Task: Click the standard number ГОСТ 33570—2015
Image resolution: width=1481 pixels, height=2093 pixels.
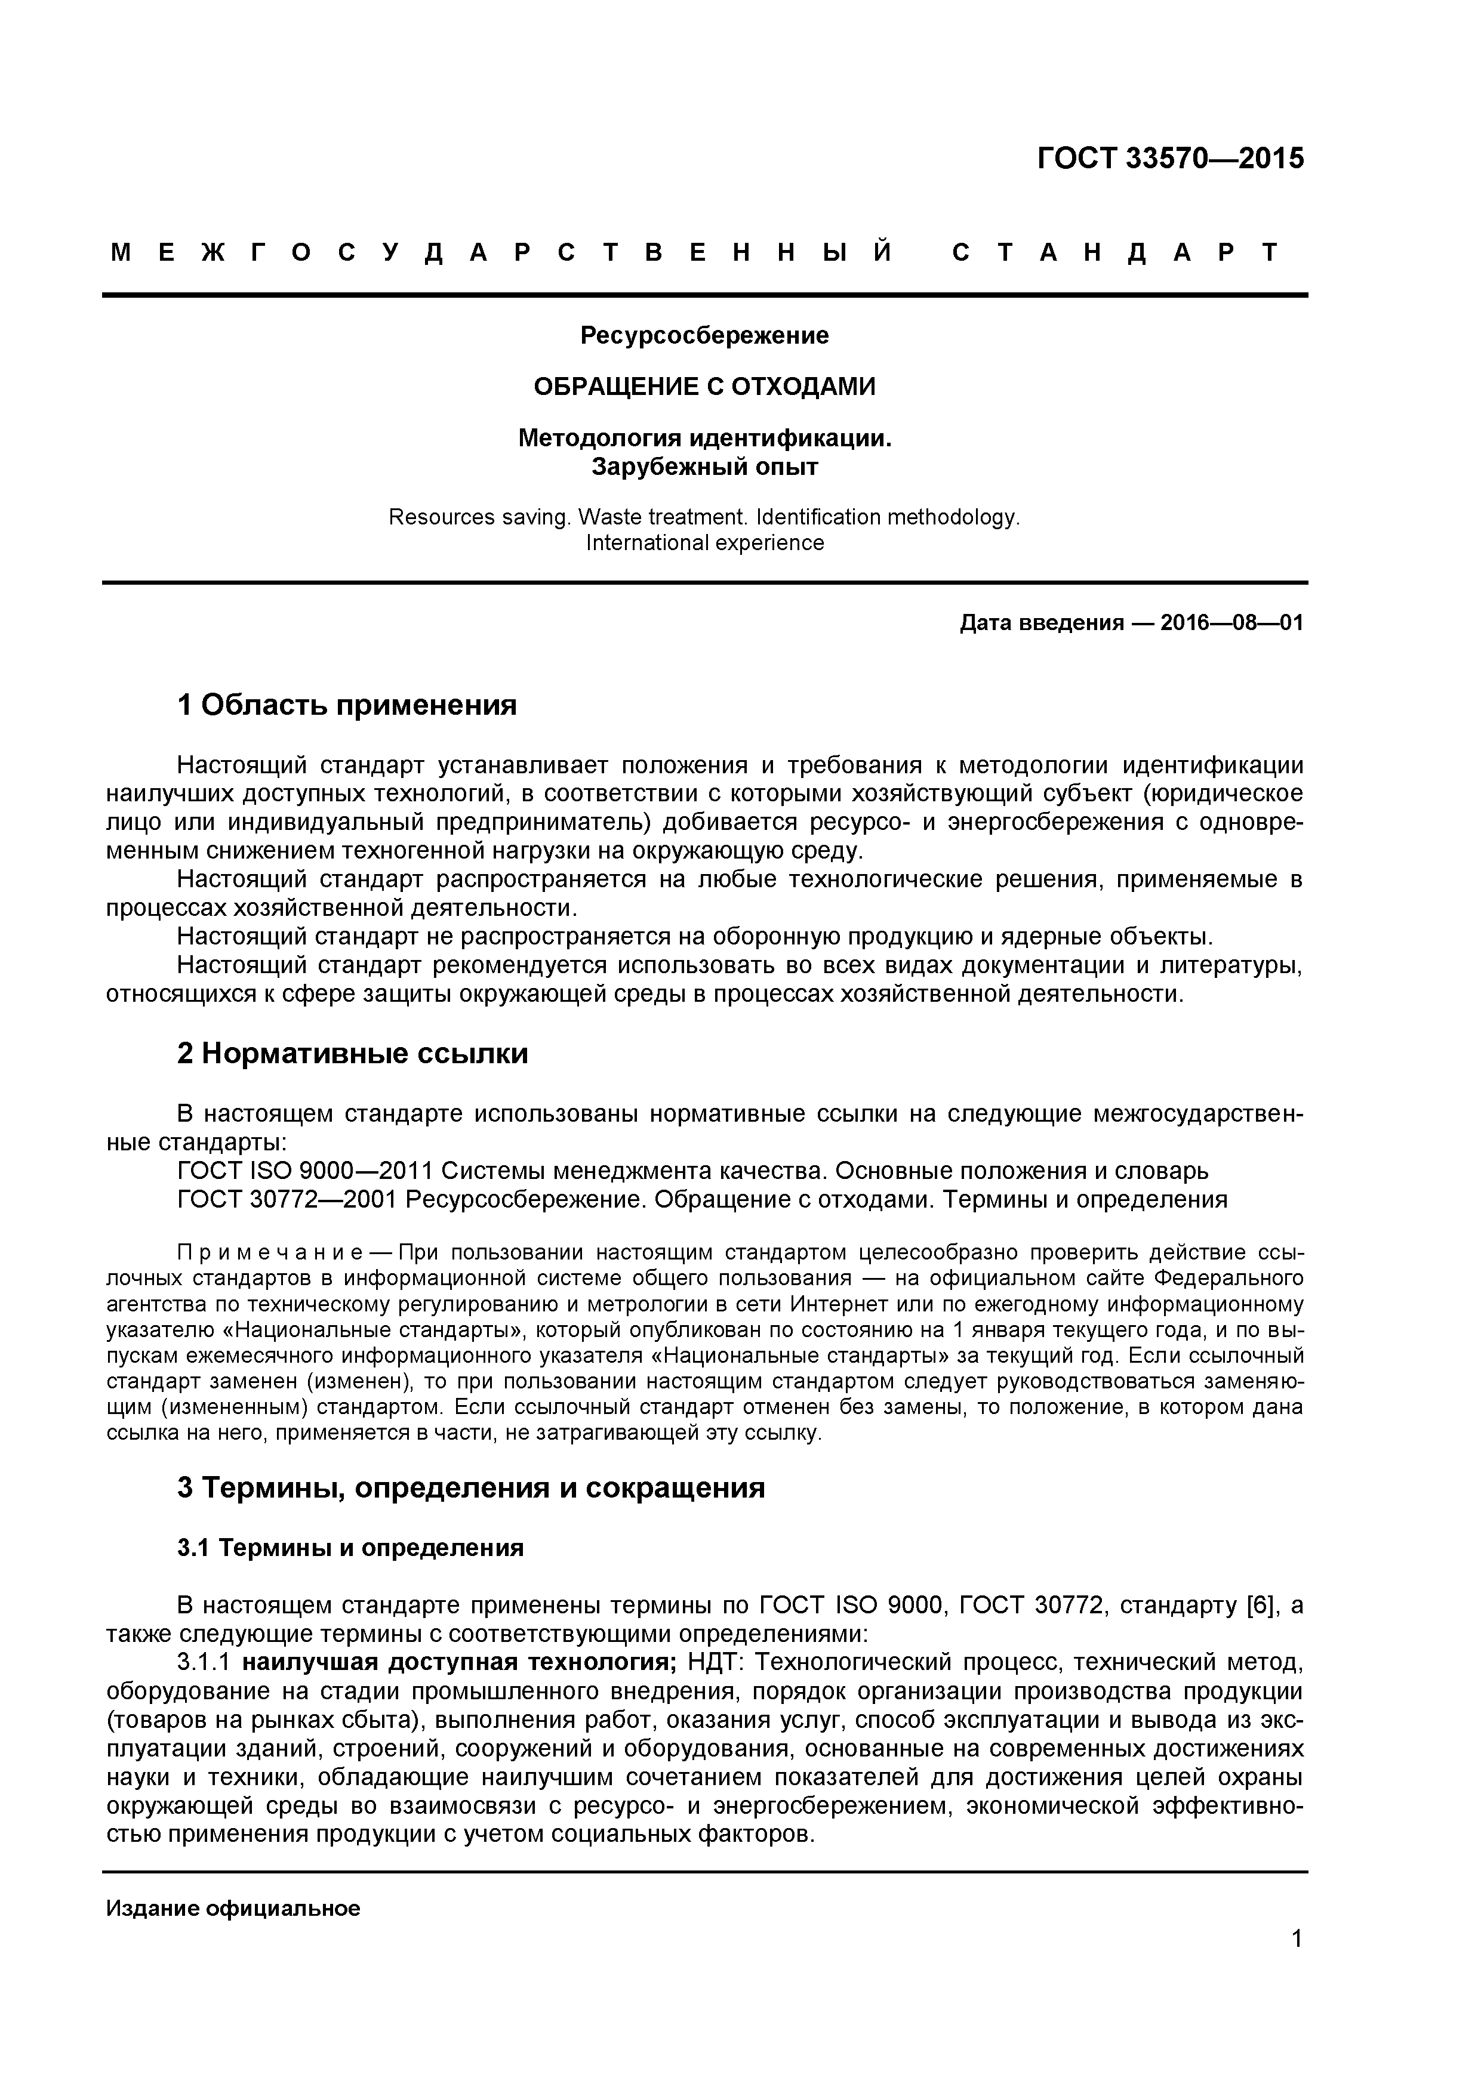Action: click(x=1170, y=159)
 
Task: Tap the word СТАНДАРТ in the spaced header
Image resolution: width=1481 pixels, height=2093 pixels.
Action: click(x=1115, y=252)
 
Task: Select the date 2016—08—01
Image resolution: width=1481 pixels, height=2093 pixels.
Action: click(x=1231, y=623)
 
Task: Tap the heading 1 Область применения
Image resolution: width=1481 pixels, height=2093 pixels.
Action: click(x=347, y=705)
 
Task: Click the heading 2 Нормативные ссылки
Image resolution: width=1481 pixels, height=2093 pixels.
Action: click(x=352, y=1054)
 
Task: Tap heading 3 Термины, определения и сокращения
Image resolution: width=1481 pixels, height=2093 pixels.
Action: click(x=470, y=1487)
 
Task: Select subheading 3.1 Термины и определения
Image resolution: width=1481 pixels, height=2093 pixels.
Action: click(x=350, y=1548)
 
